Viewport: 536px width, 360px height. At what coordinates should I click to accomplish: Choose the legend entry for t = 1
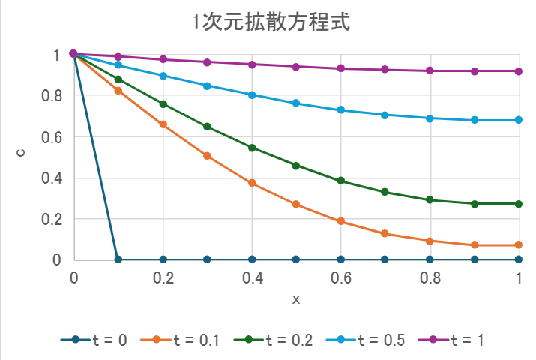pyautogui.click(x=458, y=340)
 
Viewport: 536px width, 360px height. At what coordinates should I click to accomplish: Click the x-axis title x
pyautogui.click(x=296, y=299)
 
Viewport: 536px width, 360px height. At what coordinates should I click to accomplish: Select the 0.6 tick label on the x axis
pyautogui.click(x=341, y=277)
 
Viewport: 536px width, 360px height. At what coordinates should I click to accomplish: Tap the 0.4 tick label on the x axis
pyautogui.click(x=252, y=277)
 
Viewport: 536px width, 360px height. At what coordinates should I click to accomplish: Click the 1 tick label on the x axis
pyautogui.click(x=520, y=277)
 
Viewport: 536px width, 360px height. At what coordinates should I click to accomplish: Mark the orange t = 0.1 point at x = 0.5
pyautogui.click(x=296, y=204)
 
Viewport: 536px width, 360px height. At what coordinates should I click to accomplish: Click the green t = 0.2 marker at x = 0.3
pyautogui.click(x=207, y=127)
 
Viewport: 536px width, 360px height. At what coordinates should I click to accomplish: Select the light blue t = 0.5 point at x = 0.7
pyautogui.click(x=385, y=115)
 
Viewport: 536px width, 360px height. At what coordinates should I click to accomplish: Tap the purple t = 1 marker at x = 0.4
pyautogui.click(x=252, y=64)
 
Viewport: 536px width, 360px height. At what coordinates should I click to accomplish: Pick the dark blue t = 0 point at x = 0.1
pyautogui.click(x=118, y=259)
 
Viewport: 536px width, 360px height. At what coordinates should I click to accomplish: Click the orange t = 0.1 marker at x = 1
pyautogui.click(x=519, y=245)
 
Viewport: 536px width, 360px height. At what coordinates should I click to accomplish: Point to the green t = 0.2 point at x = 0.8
pyautogui.click(x=430, y=200)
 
